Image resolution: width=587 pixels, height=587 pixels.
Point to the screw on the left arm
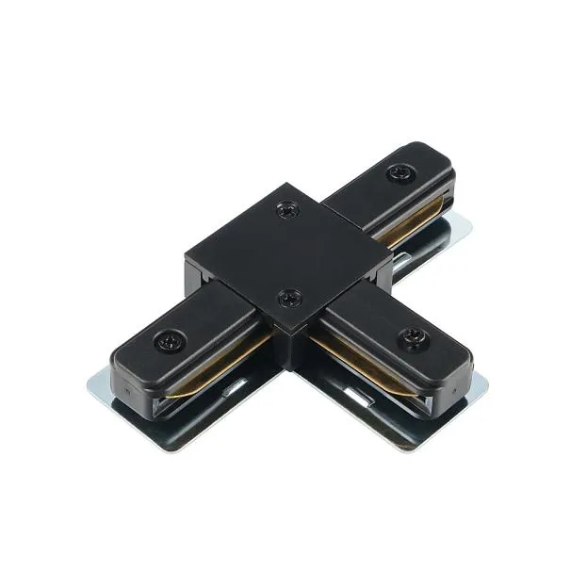172,337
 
